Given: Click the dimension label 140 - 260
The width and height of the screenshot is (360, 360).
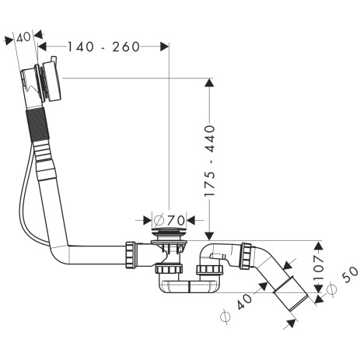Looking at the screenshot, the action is (103, 47).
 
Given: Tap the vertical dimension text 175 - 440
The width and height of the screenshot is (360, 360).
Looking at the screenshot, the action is (210, 161).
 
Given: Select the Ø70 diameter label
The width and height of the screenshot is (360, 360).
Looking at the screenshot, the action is (170, 221).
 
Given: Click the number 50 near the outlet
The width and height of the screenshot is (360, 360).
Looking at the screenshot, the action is (350, 274).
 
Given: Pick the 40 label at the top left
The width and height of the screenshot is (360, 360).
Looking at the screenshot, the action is (23, 37).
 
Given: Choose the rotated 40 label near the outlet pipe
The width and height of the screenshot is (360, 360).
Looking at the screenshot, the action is (244, 302).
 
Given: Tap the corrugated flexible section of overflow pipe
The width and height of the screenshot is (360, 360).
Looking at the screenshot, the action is (37, 124).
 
